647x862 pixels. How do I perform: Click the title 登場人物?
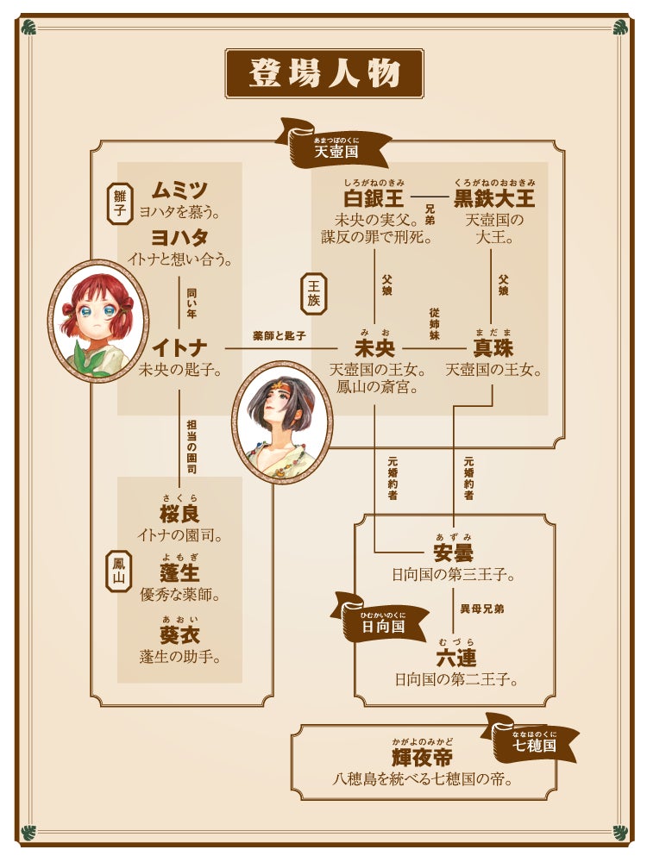point(324,73)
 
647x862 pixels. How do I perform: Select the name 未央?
point(374,348)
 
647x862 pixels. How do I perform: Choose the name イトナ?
point(179,348)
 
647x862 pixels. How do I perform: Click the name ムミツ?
point(179,191)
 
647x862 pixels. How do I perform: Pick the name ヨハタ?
point(179,238)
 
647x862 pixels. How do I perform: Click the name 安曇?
point(453,553)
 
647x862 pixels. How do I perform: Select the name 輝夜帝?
point(422,758)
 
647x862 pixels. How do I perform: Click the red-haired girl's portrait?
point(97,321)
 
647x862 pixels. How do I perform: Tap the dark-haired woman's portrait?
point(282,422)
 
